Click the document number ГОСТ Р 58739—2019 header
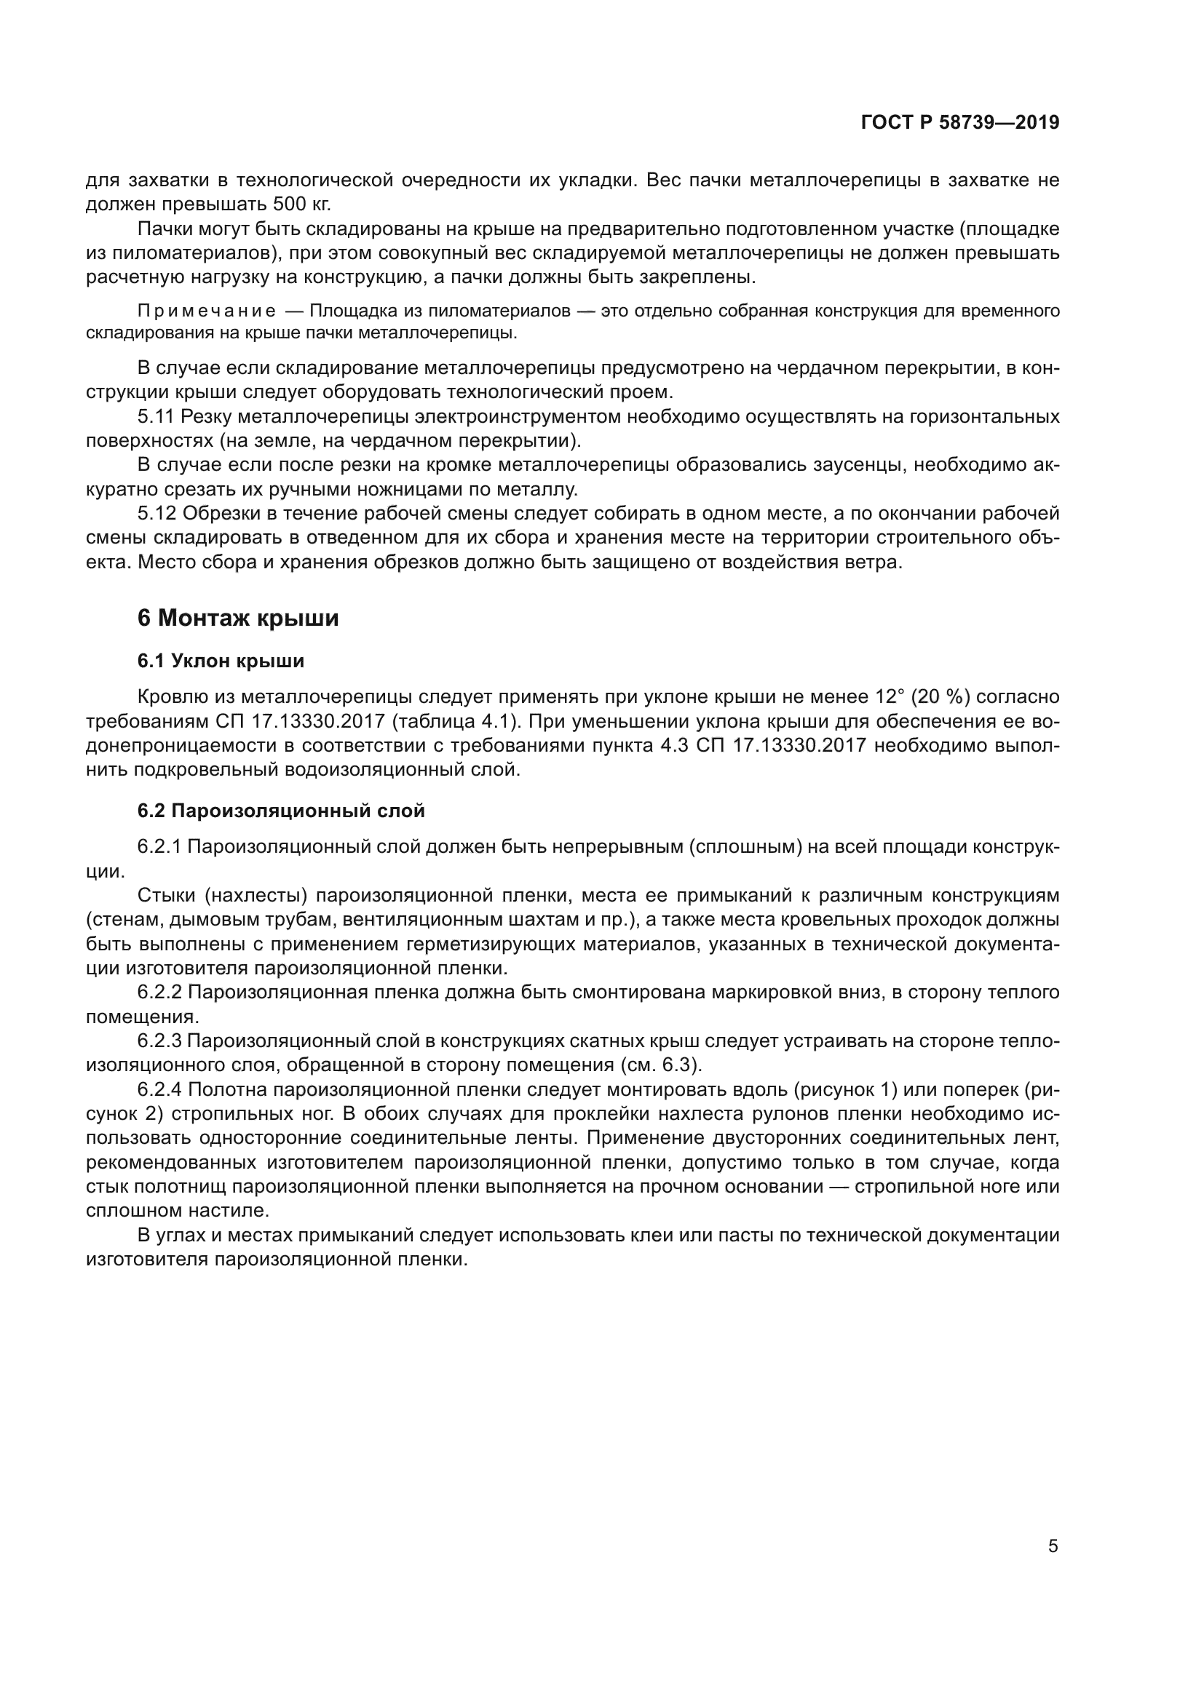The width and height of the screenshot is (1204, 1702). point(960,123)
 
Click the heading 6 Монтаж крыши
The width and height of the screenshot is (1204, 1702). point(238,618)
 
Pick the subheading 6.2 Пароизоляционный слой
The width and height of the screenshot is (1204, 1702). point(281,810)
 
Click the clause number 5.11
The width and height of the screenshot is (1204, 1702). point(156,417)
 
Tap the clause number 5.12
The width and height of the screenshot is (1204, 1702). point(156,513)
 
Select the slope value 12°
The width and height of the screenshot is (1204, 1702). point(890,697)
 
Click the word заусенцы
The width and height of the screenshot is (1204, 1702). point(858,465)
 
